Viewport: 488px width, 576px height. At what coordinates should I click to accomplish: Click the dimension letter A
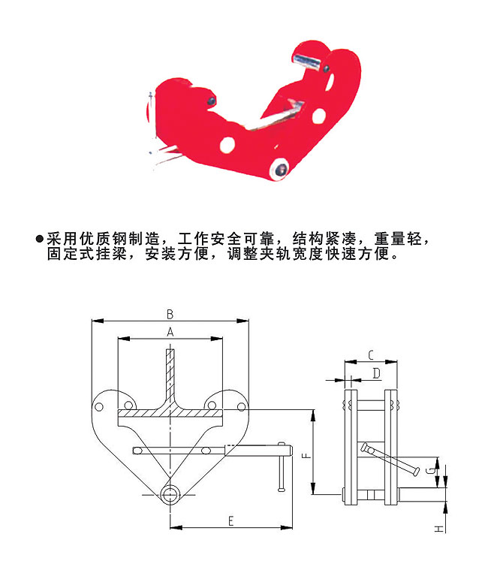[170, 331]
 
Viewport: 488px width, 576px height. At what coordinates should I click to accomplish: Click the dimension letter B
[170, 313]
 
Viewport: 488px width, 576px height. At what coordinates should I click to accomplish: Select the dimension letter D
[376, 372]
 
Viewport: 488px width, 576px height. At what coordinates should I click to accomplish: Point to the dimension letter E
[230, 520]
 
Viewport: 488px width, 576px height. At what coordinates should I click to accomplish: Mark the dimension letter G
[428, 471]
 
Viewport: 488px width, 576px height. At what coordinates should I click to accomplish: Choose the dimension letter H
[438, 529]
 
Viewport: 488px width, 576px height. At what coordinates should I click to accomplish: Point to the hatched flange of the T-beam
[170, 413]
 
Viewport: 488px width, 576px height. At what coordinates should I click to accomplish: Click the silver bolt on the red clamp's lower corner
[282, 169]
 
